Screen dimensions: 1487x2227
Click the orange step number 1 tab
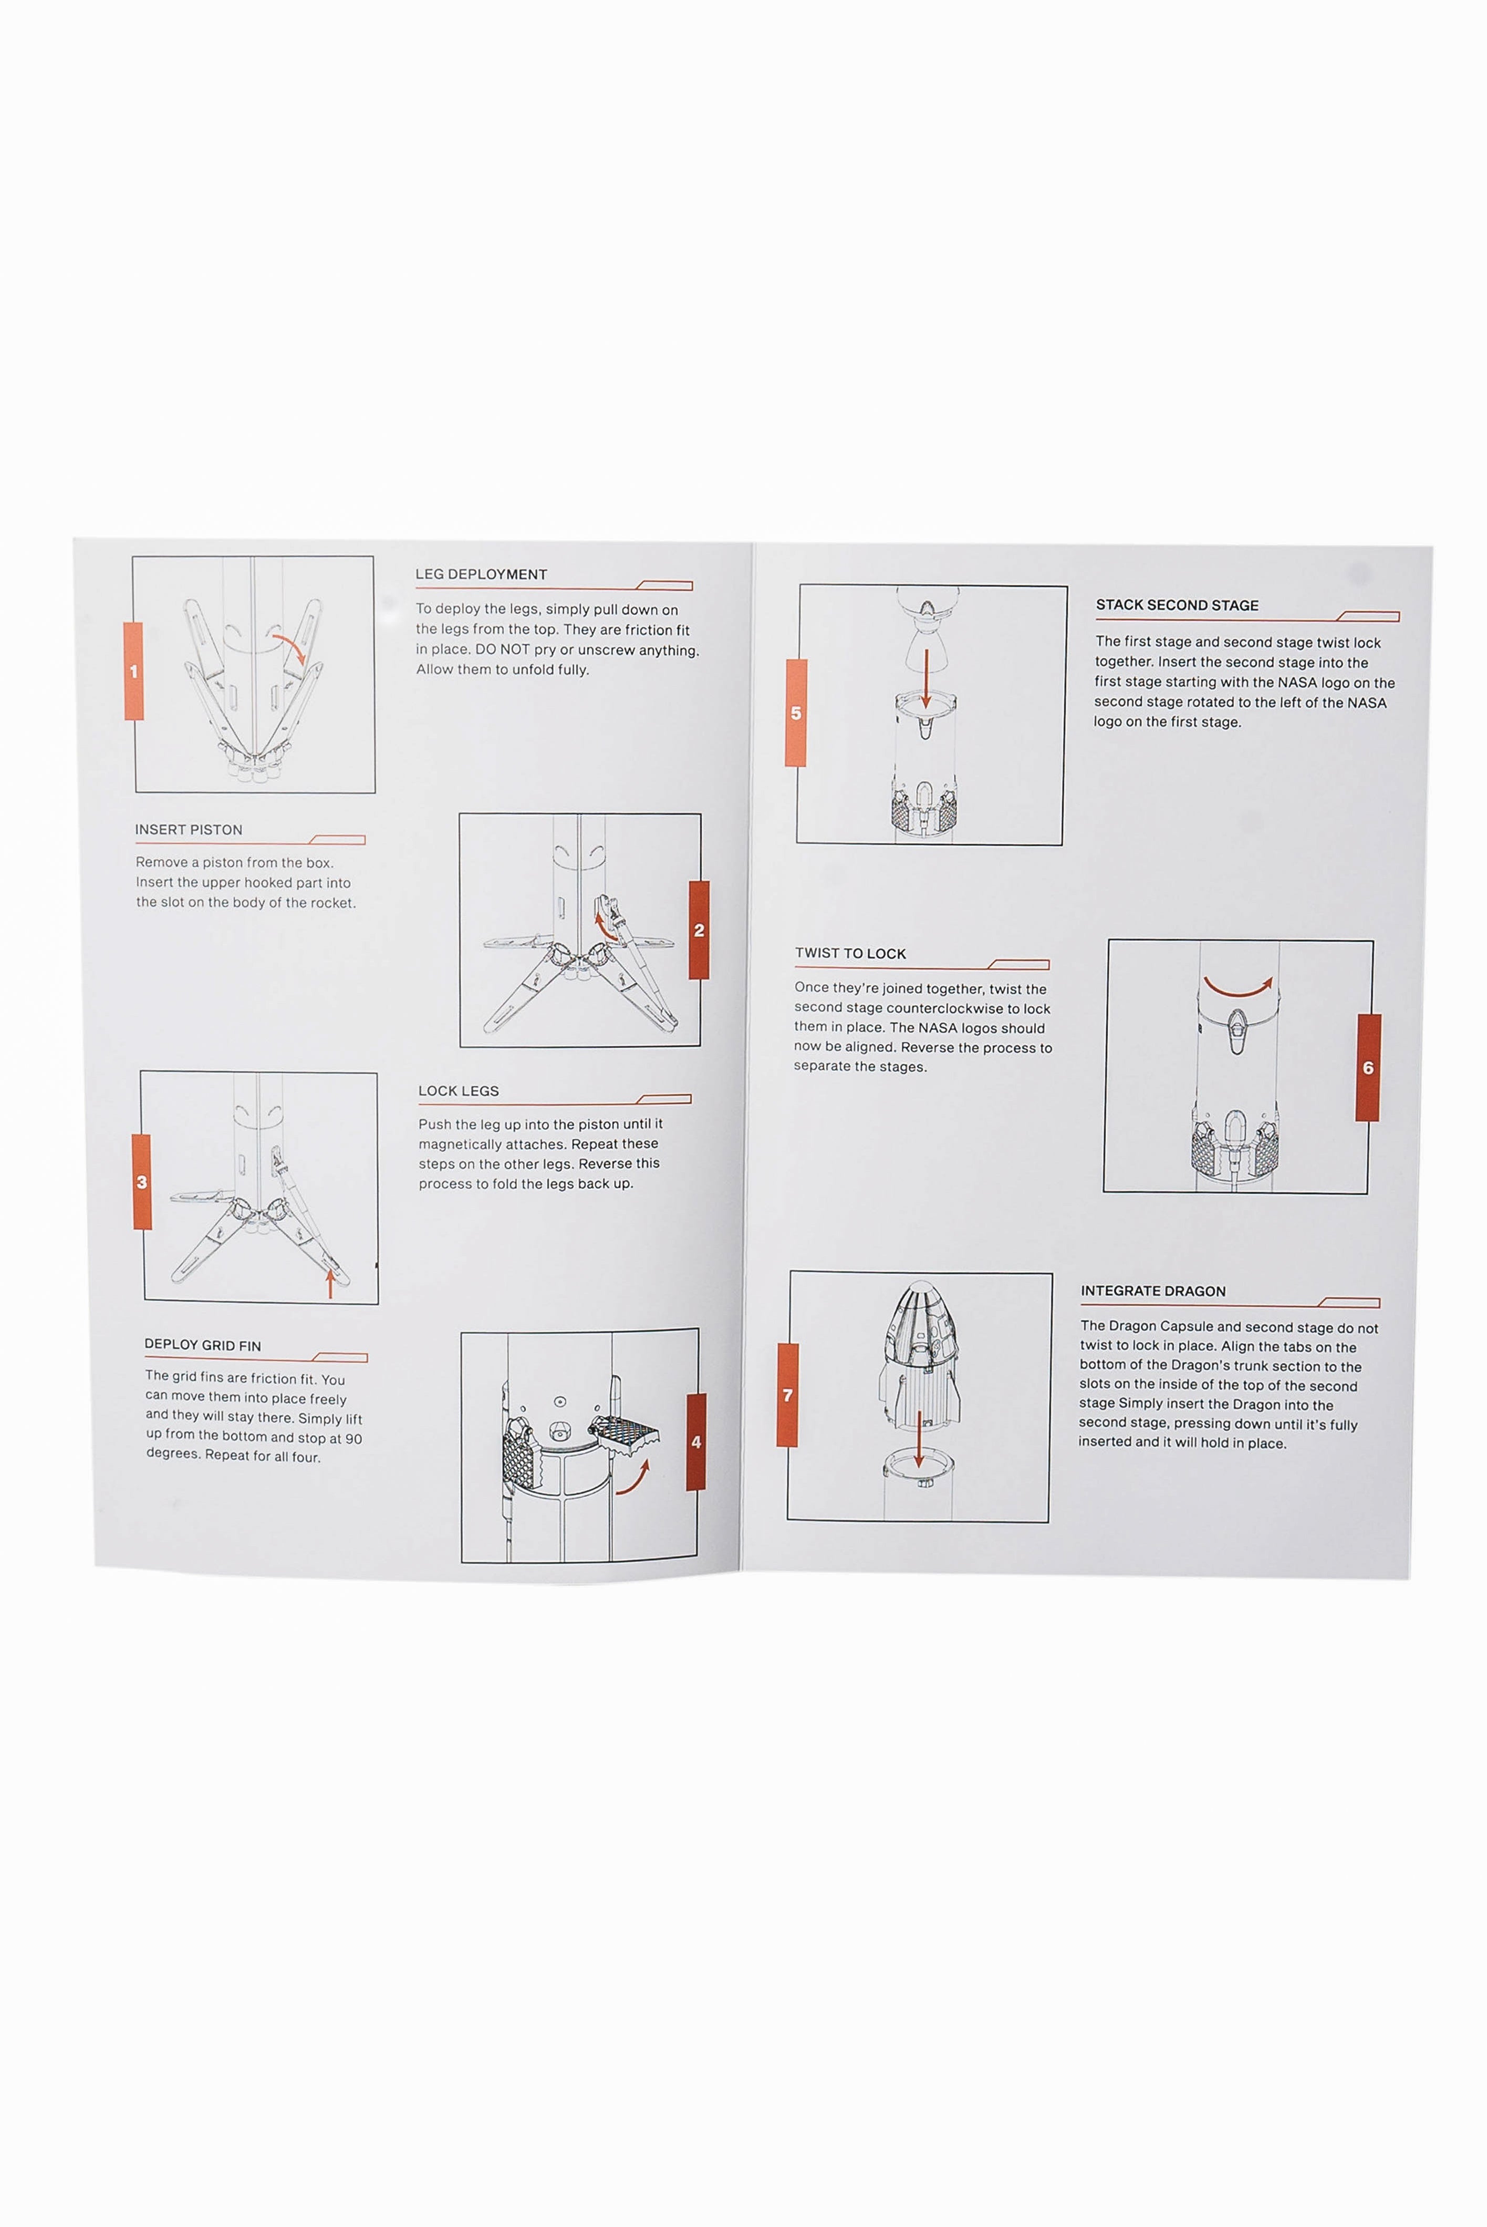[x=134, y=671]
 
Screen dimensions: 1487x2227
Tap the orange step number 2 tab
[x=699, y=930]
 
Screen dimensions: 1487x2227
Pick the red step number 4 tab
[x=696, y=1442]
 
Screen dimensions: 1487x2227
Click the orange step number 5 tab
[x=796, y=713]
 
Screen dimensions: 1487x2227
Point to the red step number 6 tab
[x=1368, y=1067]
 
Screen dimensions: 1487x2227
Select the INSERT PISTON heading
[x=189, y=829]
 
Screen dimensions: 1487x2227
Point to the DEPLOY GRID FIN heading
[x=203, y=1345]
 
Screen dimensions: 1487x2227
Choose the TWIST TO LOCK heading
[x=851, y=953]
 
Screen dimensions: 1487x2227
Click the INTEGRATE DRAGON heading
[x=1153, y=1291]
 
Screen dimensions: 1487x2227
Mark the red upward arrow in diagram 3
[x=329, y=1283]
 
